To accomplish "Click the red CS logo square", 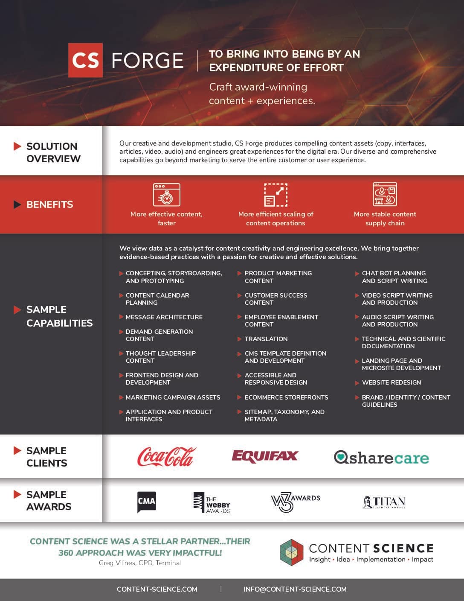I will [x=85, y=60].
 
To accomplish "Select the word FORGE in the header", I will [x=147, y=60].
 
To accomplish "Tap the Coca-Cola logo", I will [x=166, y=457].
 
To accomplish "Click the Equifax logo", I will [x=264, y=456].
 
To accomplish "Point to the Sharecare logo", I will [x=381, y=458].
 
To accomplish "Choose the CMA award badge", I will [x=146, y=502].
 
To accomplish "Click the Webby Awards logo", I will [x=212, y=502].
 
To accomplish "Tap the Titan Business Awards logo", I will [x=384, y=502].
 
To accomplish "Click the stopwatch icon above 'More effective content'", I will [x=166, y=195].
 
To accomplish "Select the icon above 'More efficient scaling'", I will [x=275, y=195].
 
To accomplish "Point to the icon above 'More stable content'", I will [x=385, y=195].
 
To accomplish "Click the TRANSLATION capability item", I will [x=266, y=339].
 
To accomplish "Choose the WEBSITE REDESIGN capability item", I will [x=391, y=382].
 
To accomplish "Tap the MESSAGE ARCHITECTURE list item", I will [x=164, y=317].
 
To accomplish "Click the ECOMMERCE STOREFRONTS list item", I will [x=286, y=397].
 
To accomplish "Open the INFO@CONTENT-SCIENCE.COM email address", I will [x=295, y=589].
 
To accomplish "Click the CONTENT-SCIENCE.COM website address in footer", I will [x=157, y=589].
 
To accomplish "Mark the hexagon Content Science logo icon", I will [x=291, y=552].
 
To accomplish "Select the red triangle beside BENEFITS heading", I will [x=17, y=204].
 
